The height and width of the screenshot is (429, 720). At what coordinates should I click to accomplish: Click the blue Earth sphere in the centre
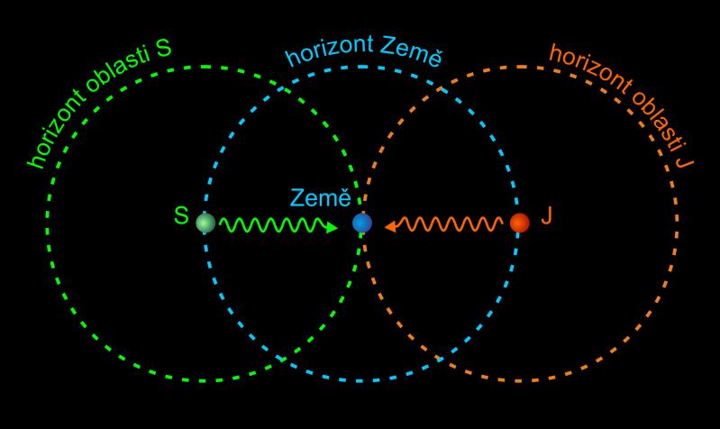click(x=362, y=224)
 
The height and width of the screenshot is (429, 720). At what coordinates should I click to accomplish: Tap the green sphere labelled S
click(x=205, y=224)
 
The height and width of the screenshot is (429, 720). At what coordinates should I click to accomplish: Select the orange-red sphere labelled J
click(x=520, y=223)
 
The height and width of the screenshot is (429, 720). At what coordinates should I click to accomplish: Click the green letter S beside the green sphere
click(x=181, y=215)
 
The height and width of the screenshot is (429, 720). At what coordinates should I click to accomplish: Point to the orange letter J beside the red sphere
click(x=546, y=215)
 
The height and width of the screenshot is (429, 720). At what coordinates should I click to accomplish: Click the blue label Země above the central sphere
click(x=320, y=198)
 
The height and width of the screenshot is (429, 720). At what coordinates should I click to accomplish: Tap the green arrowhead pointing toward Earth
click(x=332, y=227)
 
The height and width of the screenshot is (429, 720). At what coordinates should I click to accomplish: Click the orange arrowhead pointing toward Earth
click(x=391, y=226)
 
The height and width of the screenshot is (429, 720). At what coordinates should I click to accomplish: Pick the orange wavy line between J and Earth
click(x=443, y=224)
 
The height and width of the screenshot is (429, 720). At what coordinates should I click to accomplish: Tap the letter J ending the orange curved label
click(x=685, y=160)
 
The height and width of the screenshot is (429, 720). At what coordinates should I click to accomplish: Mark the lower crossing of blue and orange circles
click(x=440, y=359)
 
